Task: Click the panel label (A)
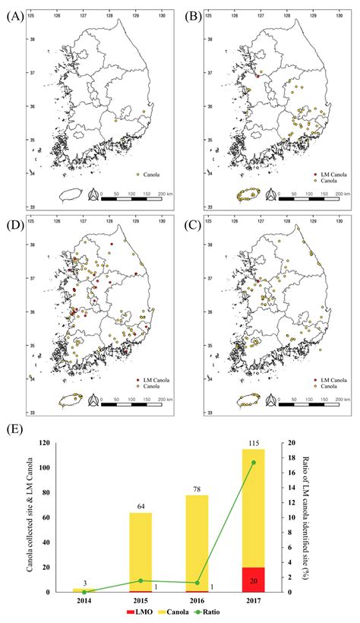coord(13,15)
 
